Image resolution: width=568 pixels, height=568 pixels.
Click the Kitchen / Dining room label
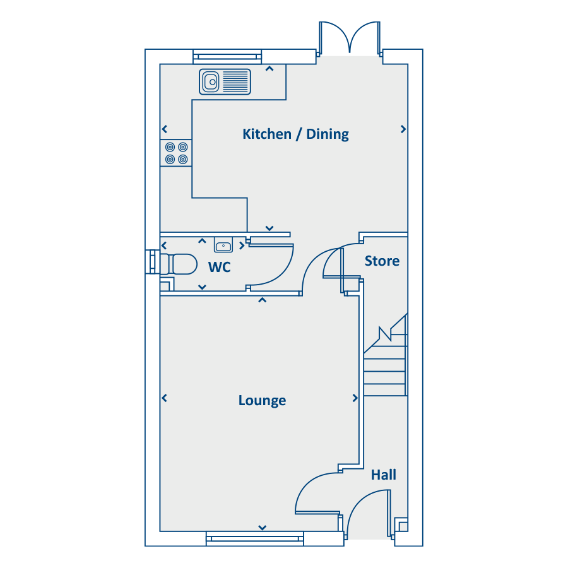click(295, 134)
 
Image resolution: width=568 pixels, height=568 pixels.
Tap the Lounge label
click(262, 401)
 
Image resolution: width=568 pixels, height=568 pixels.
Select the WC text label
click(220, 268)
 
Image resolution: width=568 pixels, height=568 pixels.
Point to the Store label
click(382, 261)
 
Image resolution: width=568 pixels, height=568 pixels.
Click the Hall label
click(384, 475)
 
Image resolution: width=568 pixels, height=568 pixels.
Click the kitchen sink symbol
click(225, 81)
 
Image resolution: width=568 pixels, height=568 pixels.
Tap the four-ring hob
click(176, 153)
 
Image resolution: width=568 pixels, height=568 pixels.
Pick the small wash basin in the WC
click(223, 246)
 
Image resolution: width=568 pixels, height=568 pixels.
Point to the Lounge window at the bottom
click(254, 538)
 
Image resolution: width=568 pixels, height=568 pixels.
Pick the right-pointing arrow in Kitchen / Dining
click(403, 129)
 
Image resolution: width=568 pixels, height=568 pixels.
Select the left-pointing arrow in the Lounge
click(164, 398)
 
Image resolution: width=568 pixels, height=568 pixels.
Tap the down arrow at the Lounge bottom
click(262, 528)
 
